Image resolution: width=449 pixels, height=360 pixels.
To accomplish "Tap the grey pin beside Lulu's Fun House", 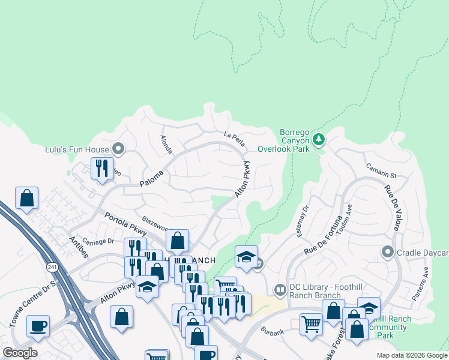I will [118, 149].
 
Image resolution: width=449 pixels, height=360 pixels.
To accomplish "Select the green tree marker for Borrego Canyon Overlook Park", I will [318, 140].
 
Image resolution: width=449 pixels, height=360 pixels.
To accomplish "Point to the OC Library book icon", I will [280, 290].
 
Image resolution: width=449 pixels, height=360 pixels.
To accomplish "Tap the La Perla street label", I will [234, 138].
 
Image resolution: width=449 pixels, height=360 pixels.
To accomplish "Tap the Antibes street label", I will [79, 246].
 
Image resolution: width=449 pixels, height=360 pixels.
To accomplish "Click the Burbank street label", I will [272, 330].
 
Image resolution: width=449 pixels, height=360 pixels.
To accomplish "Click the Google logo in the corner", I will [20, 353].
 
